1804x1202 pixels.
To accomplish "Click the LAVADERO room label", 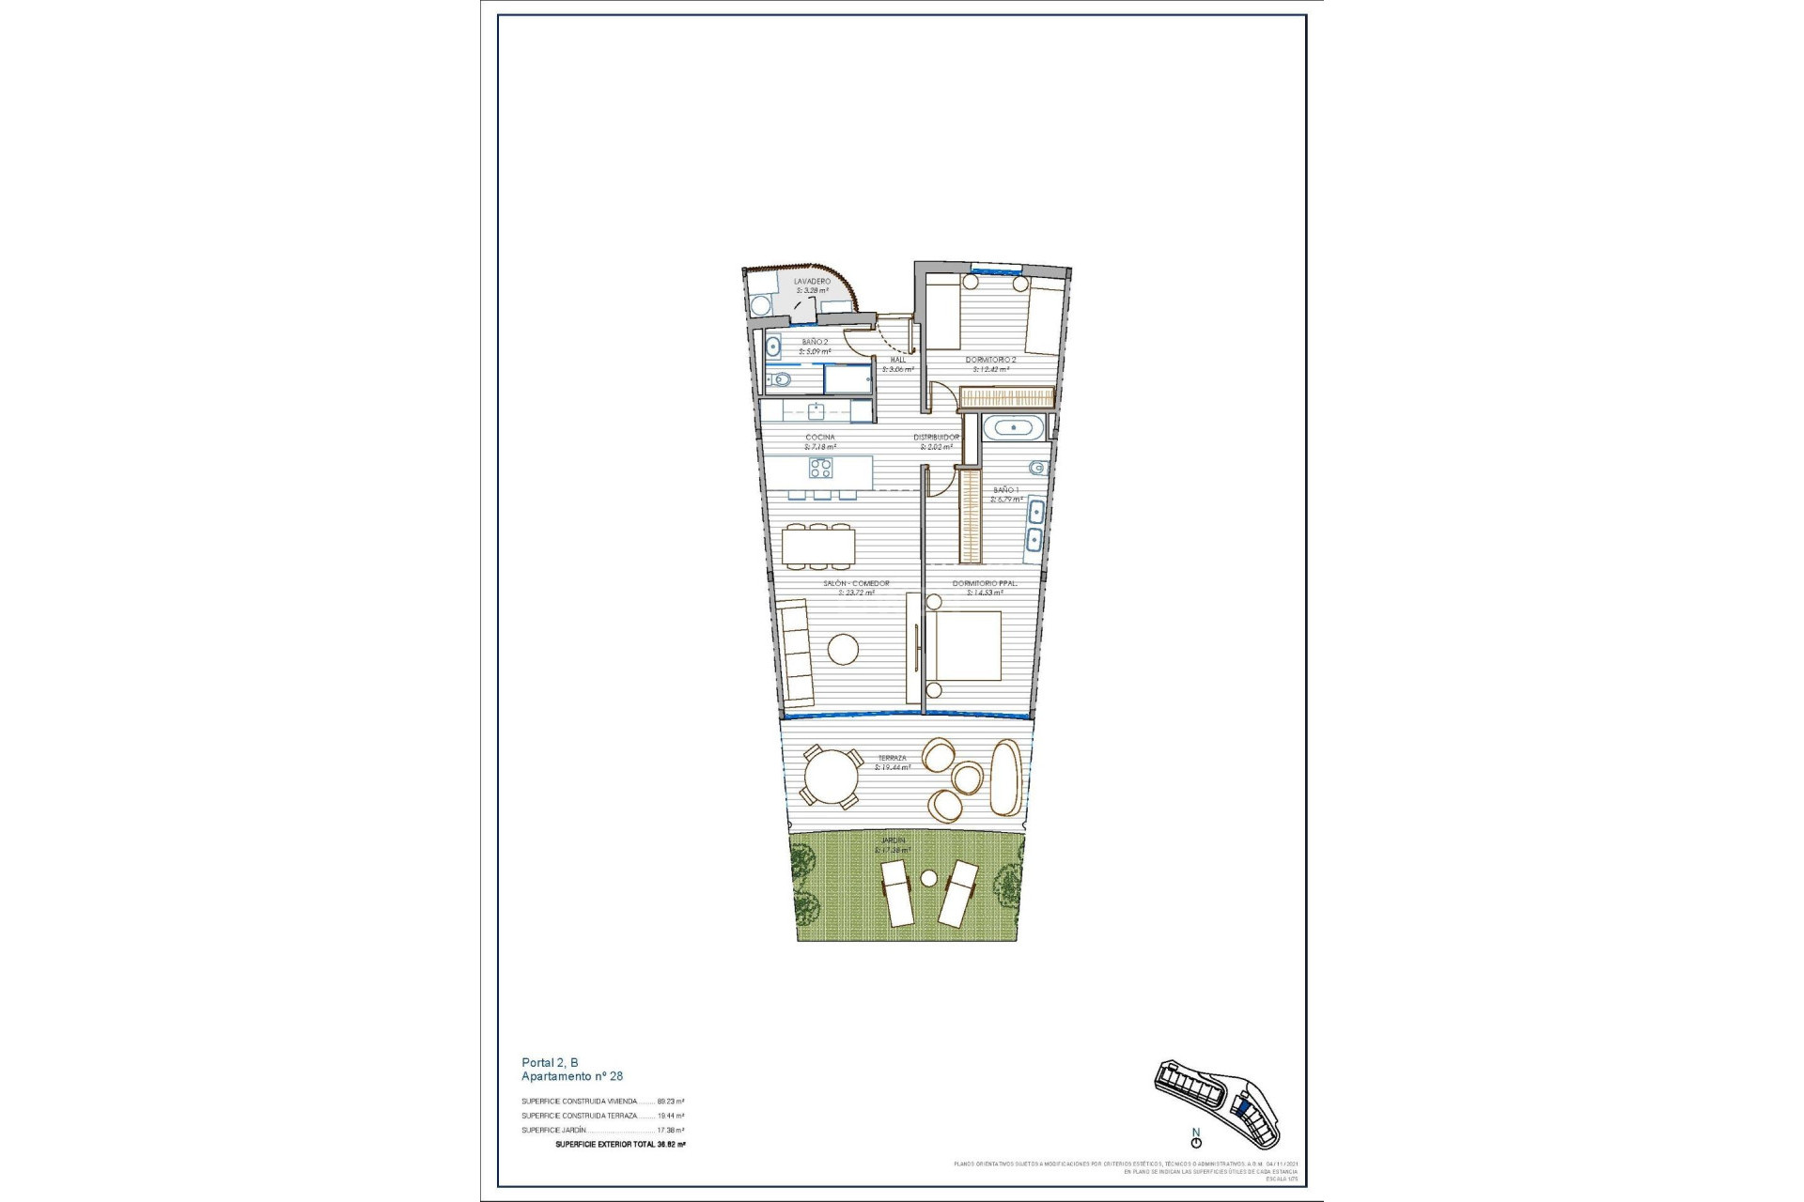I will [x=812, y=281].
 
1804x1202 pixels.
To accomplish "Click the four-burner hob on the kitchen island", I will [x=821, y=468].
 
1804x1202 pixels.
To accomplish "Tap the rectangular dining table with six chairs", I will [x=818, y=546].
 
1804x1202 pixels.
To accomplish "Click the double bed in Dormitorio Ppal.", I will [x=965, y=645].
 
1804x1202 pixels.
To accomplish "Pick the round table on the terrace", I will [x=831, y=778].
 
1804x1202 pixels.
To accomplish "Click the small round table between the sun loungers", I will [x=929, y=878].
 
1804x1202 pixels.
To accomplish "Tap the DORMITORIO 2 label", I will [x=990, y=360].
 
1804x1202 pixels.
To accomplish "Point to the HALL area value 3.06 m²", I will [x=897, y=370].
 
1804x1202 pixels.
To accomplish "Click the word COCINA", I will [x=819, y=438].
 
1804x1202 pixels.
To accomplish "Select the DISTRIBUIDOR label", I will [x=936, y=438].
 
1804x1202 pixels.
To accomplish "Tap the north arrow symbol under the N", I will [x=1196, y=1143].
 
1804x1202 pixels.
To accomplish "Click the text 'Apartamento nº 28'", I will [x=572, y=1076].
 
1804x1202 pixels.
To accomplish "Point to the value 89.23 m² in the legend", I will [x=671, y=1102].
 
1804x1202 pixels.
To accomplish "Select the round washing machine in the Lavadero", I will [x=760, y=305].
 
